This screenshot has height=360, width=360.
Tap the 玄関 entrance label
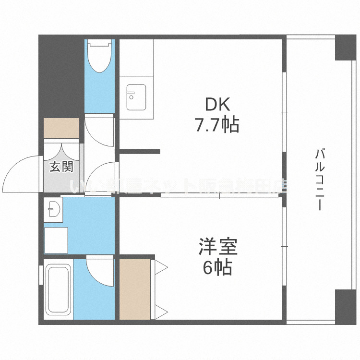(x=61, y=168)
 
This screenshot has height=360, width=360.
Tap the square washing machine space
(x=56, y=239)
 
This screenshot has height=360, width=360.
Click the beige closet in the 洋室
(x=135, y=289)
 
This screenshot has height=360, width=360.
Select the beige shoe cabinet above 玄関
(x=61, y=128)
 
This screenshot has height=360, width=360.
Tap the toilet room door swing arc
(x=98, y=130)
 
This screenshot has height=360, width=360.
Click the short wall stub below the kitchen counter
(x=140, y=152)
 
